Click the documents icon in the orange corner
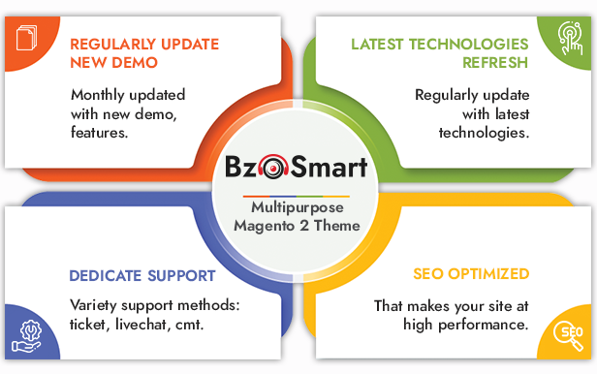click(x=27, y=37)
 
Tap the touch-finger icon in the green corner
click(x=570, y=38)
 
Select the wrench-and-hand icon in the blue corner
click(x=26, y=336)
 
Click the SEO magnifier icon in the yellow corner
click(x=568, y=335)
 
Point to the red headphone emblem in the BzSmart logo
click(x=273, y=167)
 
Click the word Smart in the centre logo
click(x=329, y=167)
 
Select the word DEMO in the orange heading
click(x=135, y=62)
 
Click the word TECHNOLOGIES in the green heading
click(x=469, y=45)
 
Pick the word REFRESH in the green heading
click(x=495, y=62)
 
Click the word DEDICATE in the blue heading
click(x=106, y=275)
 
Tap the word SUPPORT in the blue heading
click(x=181, y=275)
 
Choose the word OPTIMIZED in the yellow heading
click(x=488, y=273)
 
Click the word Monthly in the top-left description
click(x=98, y=95)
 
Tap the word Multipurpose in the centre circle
click(x=298, y=207)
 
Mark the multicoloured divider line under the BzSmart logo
click(x=297, y=197)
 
